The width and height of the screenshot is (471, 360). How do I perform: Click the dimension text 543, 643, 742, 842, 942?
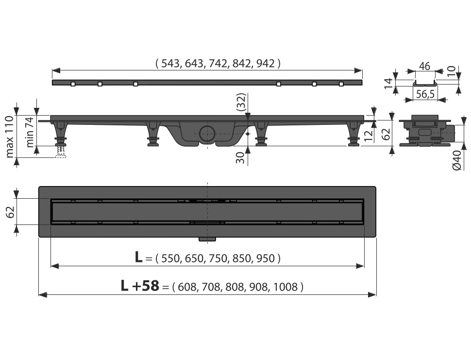(x=218, y=63)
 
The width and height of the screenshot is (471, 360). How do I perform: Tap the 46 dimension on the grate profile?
(x=425, y=67)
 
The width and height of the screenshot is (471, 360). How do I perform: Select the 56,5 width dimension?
(x=425, y=94)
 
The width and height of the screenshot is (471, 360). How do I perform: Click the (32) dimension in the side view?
(x=241, y=103)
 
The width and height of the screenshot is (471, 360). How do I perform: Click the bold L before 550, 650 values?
(x=139, y=257)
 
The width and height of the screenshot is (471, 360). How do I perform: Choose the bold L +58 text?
(x=140, y=286)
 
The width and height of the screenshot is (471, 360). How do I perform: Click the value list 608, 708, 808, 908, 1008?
(x=240, y=287)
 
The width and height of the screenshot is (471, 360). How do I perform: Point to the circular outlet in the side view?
(x=207, y=133)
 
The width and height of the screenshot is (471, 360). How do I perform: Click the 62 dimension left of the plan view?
(x=10, y=211)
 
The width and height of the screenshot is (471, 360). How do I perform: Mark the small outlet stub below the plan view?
(x=208, y=239)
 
